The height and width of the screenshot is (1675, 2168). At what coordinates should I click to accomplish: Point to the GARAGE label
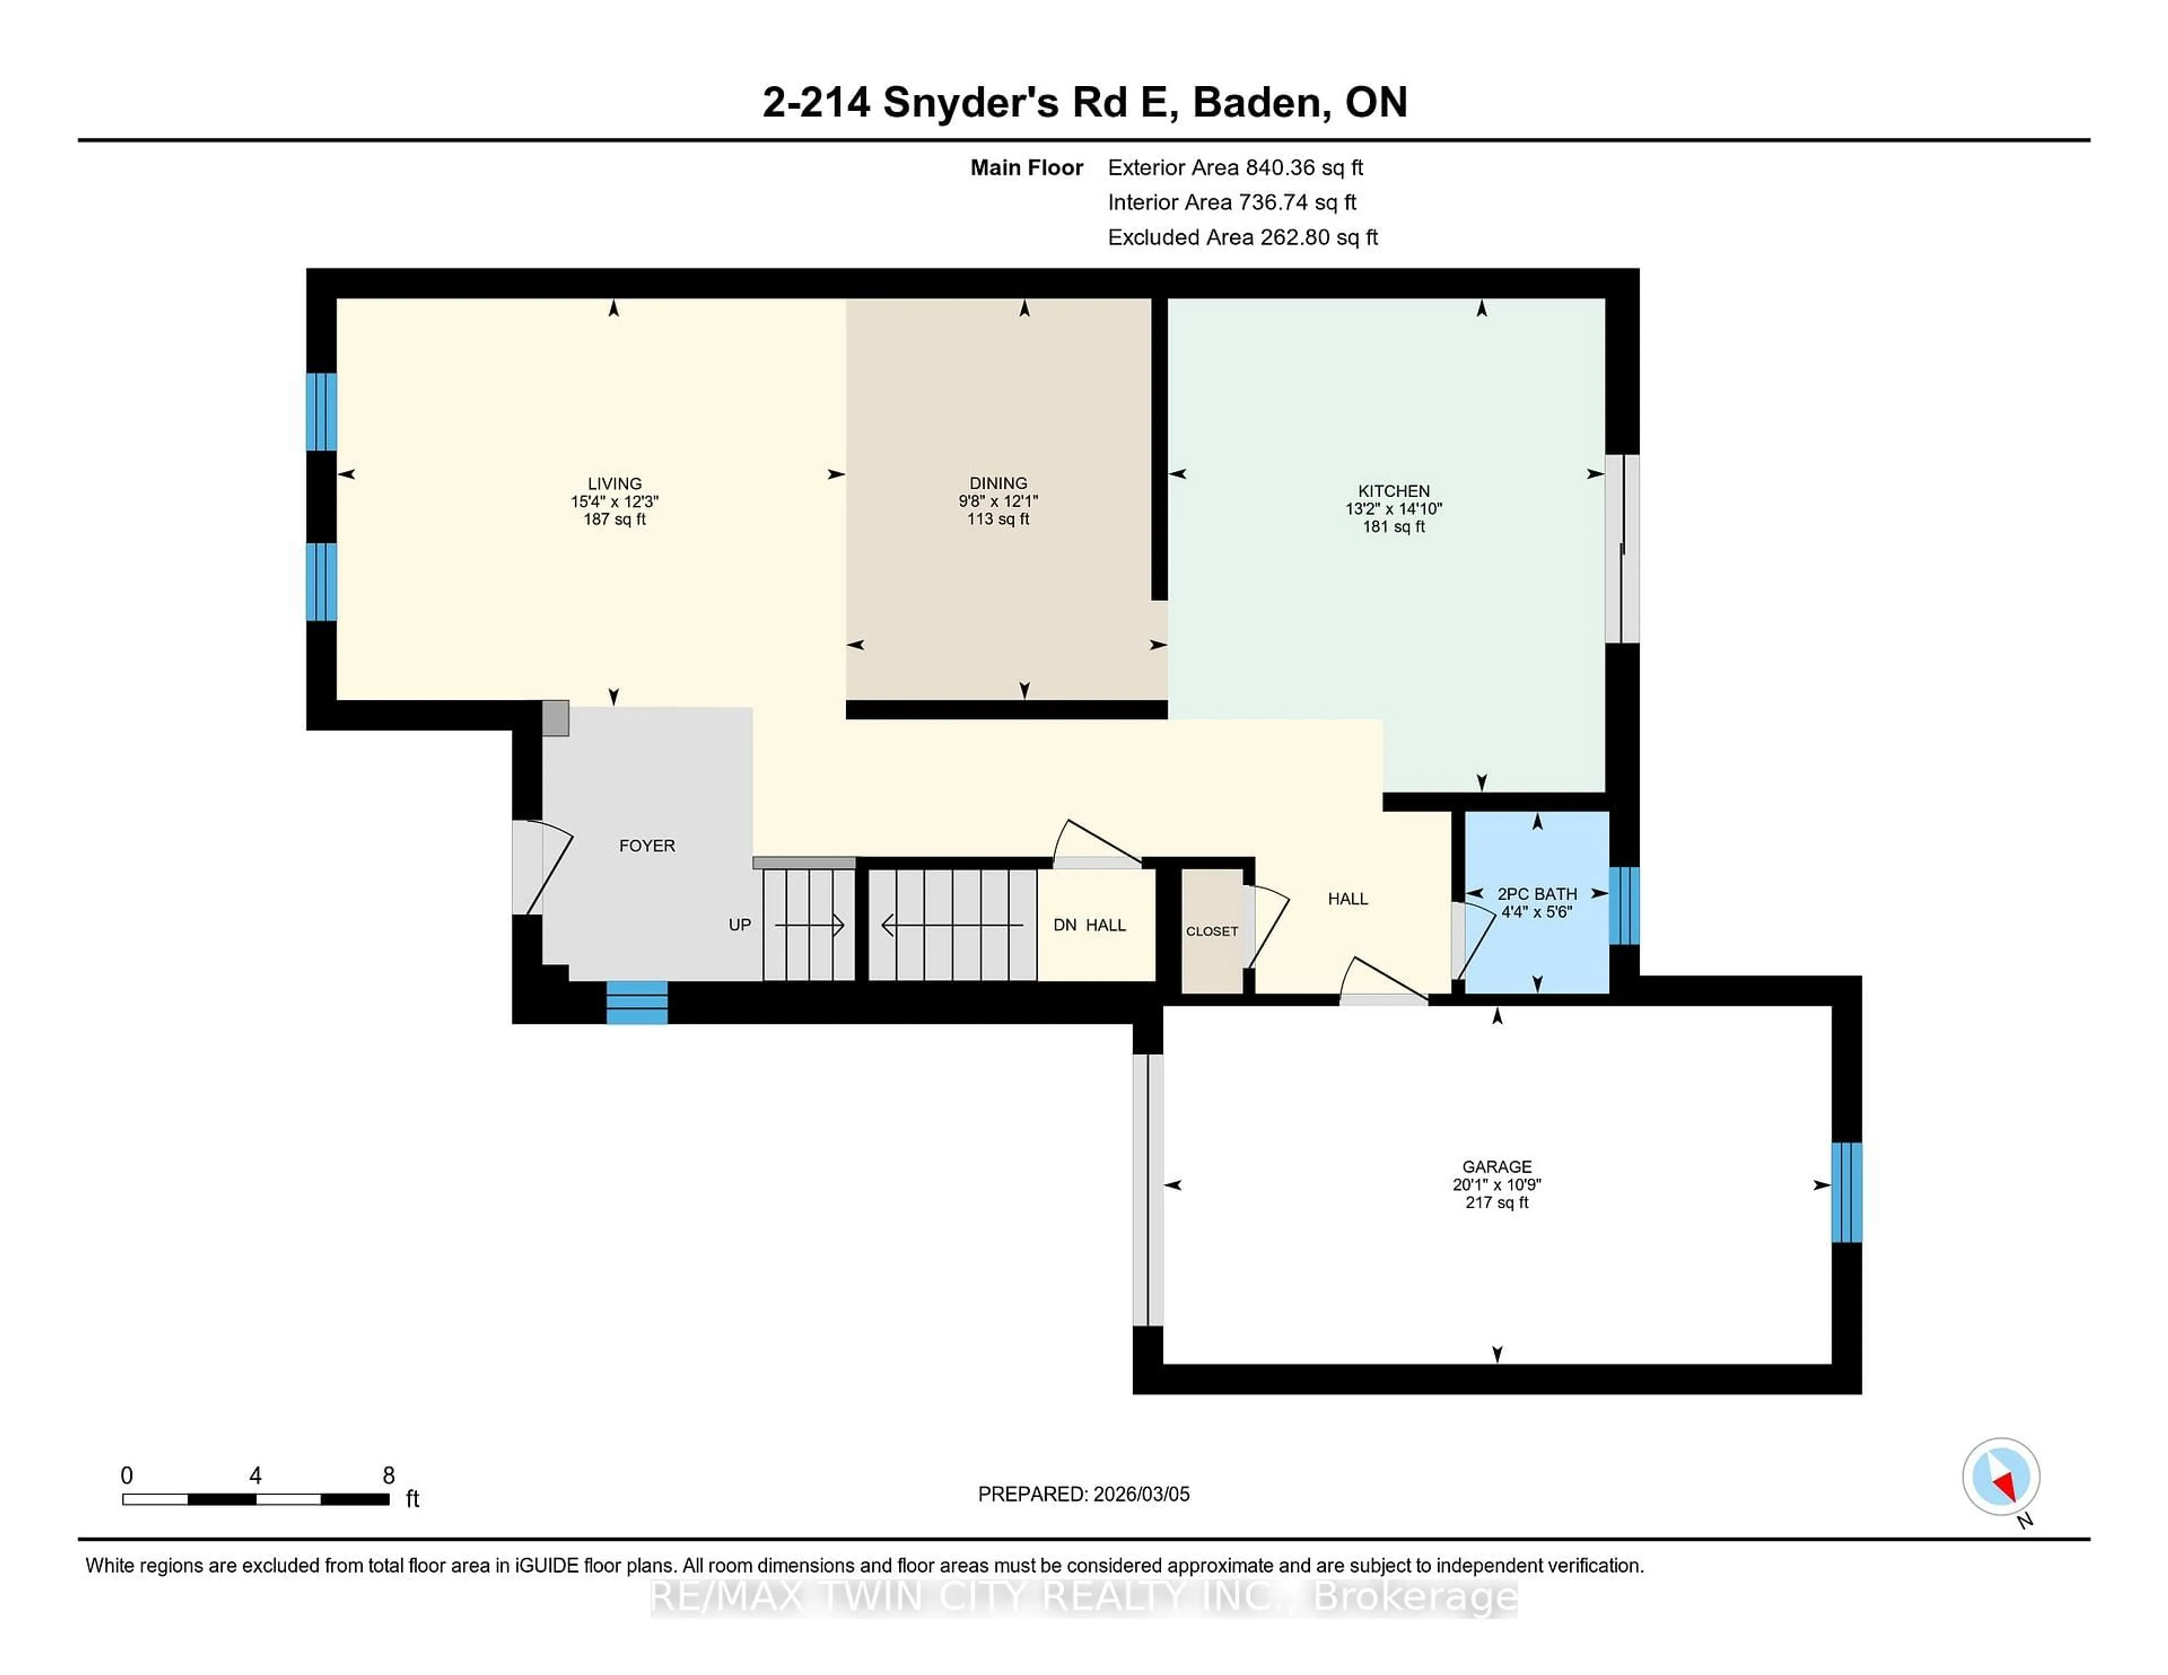pos(1496,1166)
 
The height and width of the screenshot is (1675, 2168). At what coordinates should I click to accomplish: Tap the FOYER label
pos(646,845)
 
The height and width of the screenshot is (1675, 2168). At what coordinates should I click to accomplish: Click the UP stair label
pos(740,924)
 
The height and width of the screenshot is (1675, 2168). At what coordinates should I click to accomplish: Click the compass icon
pos(2000,1476)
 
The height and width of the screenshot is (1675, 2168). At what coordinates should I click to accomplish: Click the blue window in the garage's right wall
pos(1846,1192)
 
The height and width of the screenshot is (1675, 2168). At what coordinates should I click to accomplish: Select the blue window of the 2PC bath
pos(1623,905)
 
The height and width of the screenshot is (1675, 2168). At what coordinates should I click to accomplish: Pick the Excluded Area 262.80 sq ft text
pos(1242,237)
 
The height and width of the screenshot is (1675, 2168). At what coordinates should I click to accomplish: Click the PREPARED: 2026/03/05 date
pos(1083,1493)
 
